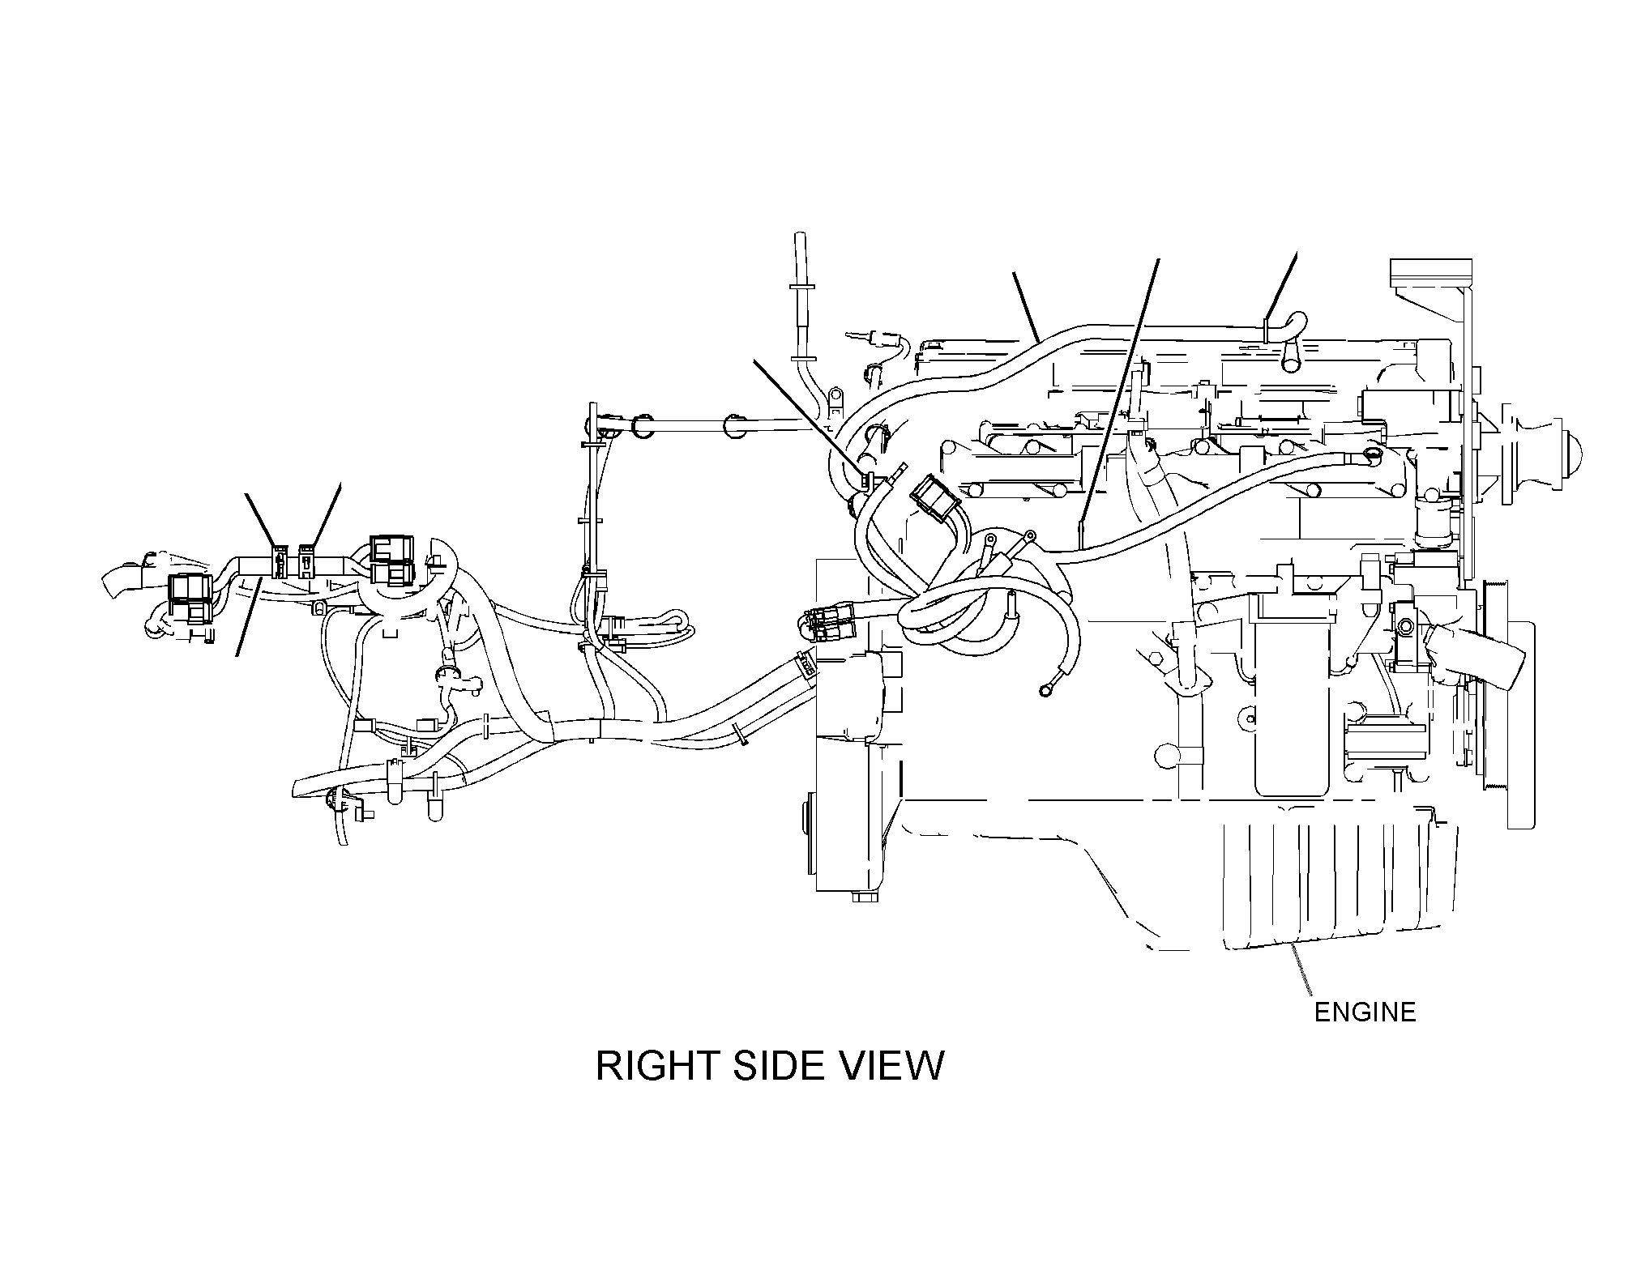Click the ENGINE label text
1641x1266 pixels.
1365,1012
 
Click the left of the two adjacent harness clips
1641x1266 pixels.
279,561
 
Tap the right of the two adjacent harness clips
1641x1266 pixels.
306,561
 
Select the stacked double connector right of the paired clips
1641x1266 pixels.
392,560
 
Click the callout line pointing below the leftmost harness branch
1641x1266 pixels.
248,616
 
